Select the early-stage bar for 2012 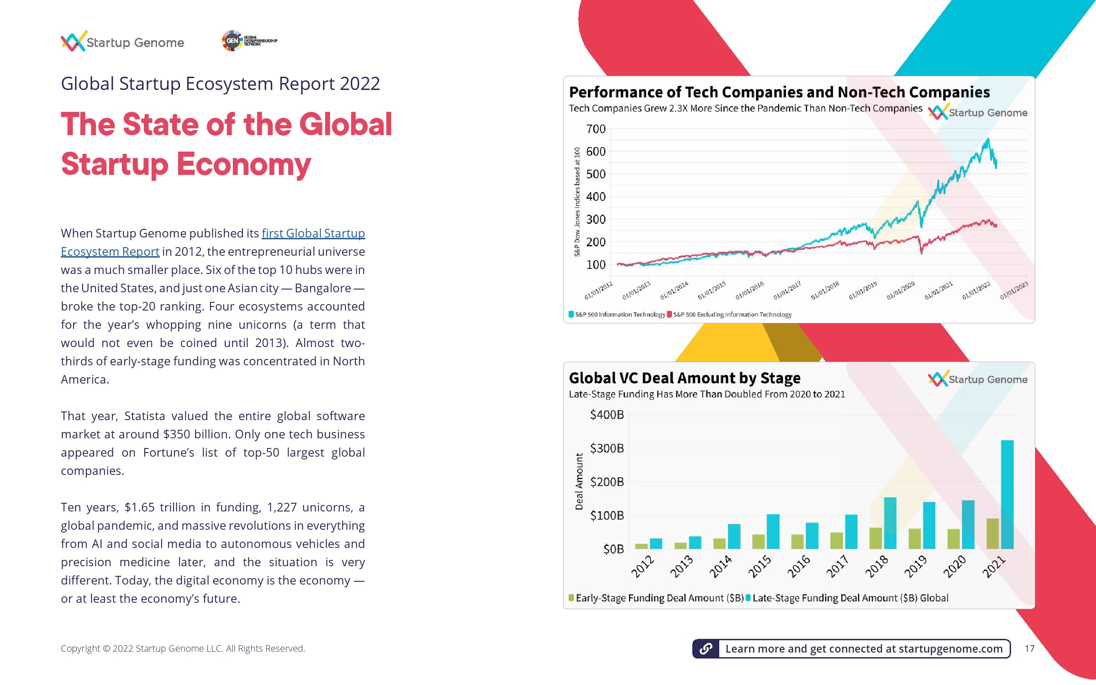point(641,546)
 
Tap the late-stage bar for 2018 point(890,523)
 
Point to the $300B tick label point(606,448)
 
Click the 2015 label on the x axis point(759,566)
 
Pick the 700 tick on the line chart point(595,129)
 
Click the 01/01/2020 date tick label point(901,290)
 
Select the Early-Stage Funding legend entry point(656,598)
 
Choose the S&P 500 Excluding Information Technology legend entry point(729,315)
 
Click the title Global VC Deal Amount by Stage point(684,378)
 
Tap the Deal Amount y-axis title point(579,481)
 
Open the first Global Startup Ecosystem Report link point(313,233)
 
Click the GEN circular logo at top point(232,41)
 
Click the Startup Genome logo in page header point(122,42)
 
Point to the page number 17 point(1029,648)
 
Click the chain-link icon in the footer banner point(706,648)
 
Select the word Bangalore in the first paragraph point(322,288)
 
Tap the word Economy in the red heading point(244,164)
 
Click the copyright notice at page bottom point(183,648)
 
